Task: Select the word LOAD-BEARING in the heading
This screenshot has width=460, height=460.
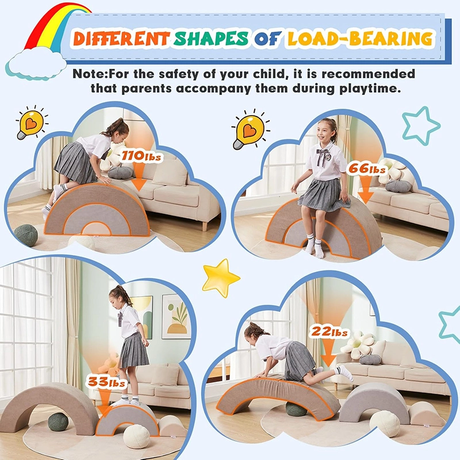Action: pyautogui.click(x=360, y=39)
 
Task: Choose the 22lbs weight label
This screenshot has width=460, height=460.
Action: pyautogui.click(x=329, y=332)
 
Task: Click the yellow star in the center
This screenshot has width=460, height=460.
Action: pyautogui.click(x=220, y=277)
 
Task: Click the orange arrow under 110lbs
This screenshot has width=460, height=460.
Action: pyautogui.click(x=138, y=175)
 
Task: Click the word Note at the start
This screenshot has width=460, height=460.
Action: pyautogui.click(x=86, y=75)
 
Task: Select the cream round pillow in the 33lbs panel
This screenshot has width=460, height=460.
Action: pyautogui.click(x=136, y=435)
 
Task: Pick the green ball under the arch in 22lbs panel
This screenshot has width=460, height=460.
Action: pyautogui.click(x=297, y=409)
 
